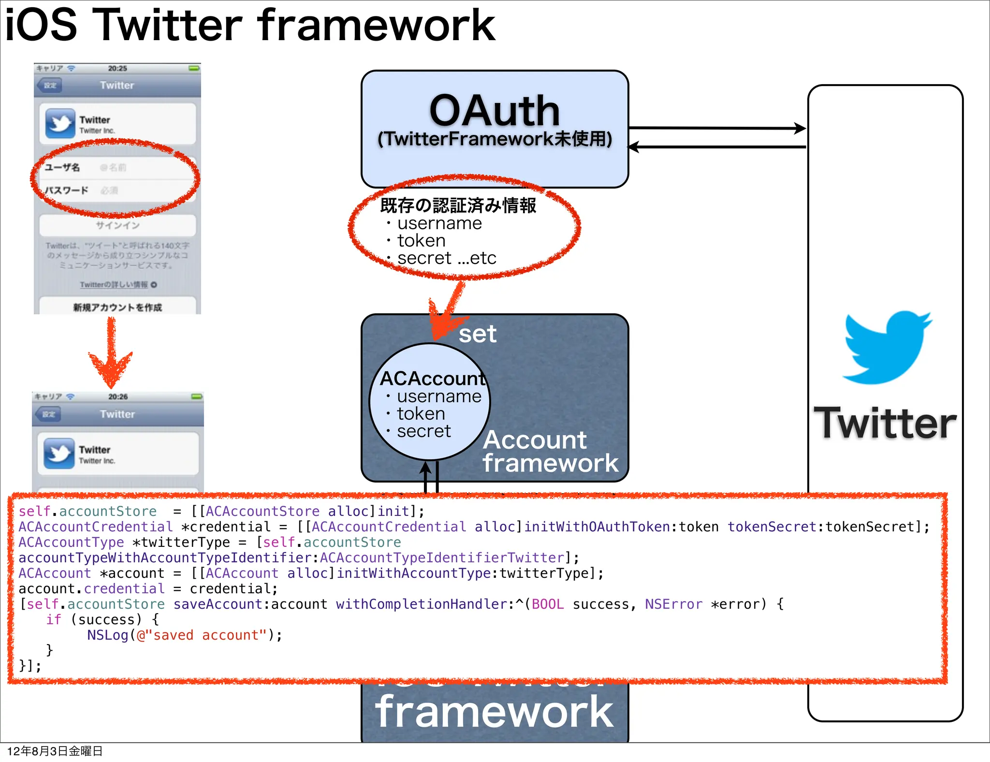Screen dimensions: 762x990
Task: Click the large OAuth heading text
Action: tap(495, 111)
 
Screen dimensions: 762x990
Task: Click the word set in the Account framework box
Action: tap(477, 334)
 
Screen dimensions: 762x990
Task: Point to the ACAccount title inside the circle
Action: tap(432, 378)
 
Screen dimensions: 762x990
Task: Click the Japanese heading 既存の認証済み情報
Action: tap(458, 205)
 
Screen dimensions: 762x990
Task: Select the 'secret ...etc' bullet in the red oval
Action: tap(446, 258)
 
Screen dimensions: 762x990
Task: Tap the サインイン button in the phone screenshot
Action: tap(117, 225)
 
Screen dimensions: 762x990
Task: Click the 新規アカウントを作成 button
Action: tap(117, 308)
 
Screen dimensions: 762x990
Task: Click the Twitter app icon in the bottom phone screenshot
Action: tap(59, 453)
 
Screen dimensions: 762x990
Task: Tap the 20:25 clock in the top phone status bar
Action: tap(117, 68)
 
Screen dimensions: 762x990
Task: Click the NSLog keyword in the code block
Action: tap(107, 635)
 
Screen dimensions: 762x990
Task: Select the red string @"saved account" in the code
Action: tap(202, 635)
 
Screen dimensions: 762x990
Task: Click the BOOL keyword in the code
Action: tap(547, 604)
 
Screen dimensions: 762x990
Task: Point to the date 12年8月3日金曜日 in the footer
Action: tap(55, 751)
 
